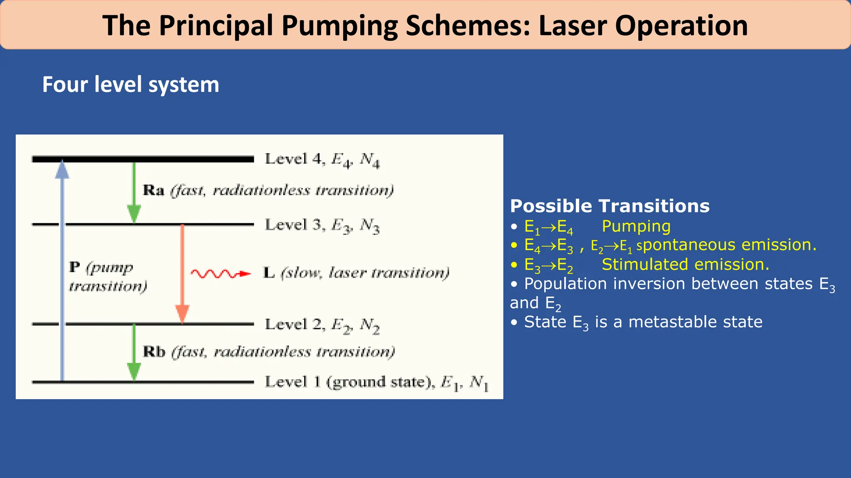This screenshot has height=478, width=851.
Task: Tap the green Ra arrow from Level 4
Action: click(134, 191)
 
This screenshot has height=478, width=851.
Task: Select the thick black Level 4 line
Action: click(143, 159)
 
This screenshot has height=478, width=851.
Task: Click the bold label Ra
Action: click(153, 190)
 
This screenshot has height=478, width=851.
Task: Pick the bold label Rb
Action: click(154, 352)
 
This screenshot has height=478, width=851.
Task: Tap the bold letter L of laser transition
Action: click(269, 273)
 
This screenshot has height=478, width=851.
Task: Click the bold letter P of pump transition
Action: click(74, 267)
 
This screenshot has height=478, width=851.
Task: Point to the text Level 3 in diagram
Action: click(292, 224)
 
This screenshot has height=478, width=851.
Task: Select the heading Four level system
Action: click(130, 85)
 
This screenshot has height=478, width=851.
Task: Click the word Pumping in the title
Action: click(339, 26)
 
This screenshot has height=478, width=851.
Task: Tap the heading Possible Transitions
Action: click(610, 206)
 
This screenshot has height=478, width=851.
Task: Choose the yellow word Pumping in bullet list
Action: click(636, 226)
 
